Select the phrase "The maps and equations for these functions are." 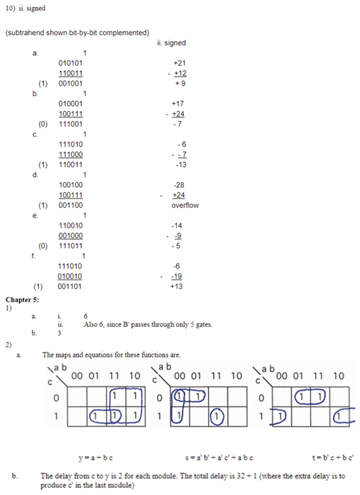tap(111, 355)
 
